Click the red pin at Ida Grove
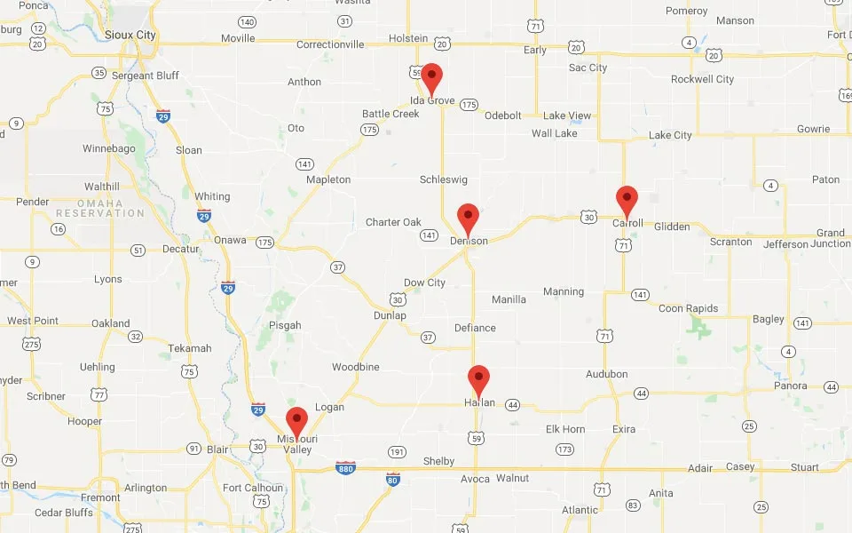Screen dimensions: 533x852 coord(432,78)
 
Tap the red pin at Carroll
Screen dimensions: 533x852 coord(627,201)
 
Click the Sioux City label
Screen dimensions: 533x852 coord(130,36)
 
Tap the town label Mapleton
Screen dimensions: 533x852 coord(328,179)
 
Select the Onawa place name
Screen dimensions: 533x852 coord(230,240)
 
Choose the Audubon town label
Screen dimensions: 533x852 coord(607,375)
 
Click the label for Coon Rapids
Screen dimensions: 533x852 coord(689,309)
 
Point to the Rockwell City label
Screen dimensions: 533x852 coord(702,79)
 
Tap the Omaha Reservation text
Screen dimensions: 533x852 coord(100,208)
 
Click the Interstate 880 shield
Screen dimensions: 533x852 coord(346,467)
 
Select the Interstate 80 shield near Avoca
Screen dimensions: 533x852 coord(393,479)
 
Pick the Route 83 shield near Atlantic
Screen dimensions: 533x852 coord(633,505)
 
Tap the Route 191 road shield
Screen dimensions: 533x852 coord(397,452)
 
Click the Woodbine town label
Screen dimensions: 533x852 coord(356,367)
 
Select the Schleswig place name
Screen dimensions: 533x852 coord(444,179)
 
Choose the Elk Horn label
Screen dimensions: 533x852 coord(565,429)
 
